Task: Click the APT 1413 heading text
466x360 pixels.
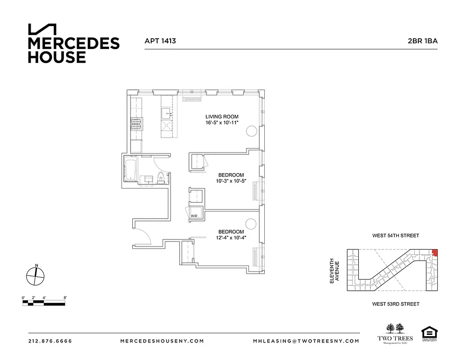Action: tap(160, 41)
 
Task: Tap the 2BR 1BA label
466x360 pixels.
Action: tap(422, 41)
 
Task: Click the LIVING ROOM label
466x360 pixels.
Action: tap(222, 117)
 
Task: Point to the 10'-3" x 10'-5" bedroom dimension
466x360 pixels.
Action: tap(231, 181)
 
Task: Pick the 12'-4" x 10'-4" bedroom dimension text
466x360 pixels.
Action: tap(231, 238)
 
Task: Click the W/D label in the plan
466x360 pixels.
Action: tap(194, 216)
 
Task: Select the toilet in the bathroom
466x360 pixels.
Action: tap(161, 178)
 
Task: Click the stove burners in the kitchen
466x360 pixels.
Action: tap(136, 123)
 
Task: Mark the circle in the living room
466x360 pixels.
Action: tap(251, 131)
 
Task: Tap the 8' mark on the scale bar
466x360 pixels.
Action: tap(65, 298)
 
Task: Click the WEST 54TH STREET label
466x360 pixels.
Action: tap(395, 236)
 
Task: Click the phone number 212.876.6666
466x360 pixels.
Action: tap(50, 341)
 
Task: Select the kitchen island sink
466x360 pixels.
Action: tap(166, 112)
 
